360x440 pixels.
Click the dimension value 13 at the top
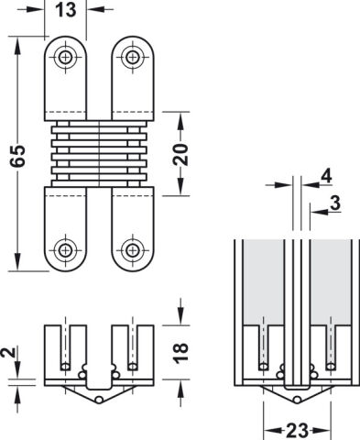[x=66, y=10]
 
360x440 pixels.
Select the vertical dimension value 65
[x=17, y=156]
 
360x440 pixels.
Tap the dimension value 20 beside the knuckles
[x=180, y=154]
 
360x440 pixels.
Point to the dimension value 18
[x=180, y=353]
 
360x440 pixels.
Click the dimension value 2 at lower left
[x=8, y=352]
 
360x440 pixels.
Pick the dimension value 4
[x=326, y=176]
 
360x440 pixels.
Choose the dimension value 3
[x=335, y=203]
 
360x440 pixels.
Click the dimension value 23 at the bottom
[x=297, y=431]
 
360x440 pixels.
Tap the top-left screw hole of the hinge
[x=65, y=57]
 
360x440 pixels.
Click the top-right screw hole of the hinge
[x=132, y=57]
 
